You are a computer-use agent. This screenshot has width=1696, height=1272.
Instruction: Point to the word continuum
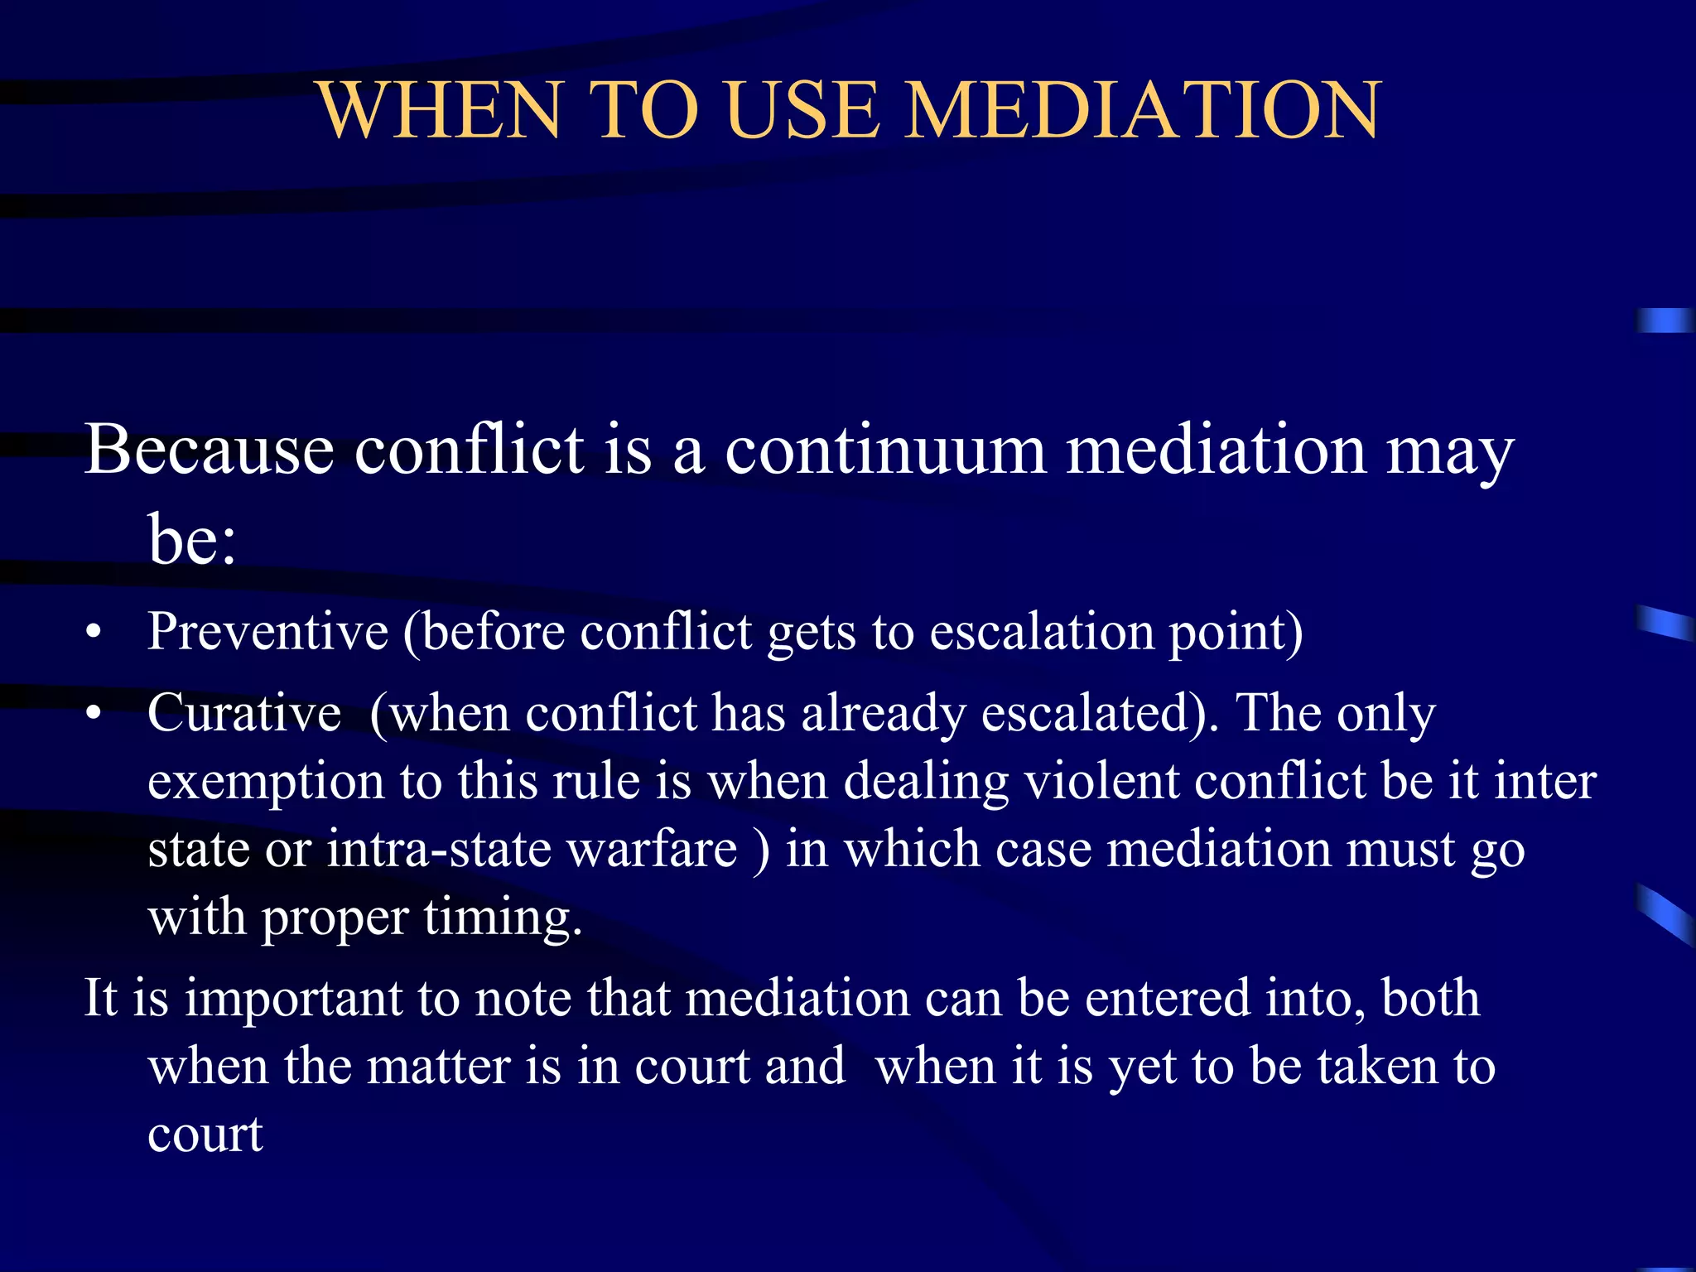click(x=885, y=450)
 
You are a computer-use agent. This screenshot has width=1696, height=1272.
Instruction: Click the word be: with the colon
click(x=192, y=539)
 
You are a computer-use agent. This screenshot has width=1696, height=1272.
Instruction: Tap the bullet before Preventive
click(x=94, y=634)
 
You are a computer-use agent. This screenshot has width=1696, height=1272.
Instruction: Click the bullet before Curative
click(x=94, y=714)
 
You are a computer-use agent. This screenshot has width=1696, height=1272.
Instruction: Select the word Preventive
click(x=267, y=632)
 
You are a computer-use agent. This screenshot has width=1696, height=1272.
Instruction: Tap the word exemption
click(x=266, y=783)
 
